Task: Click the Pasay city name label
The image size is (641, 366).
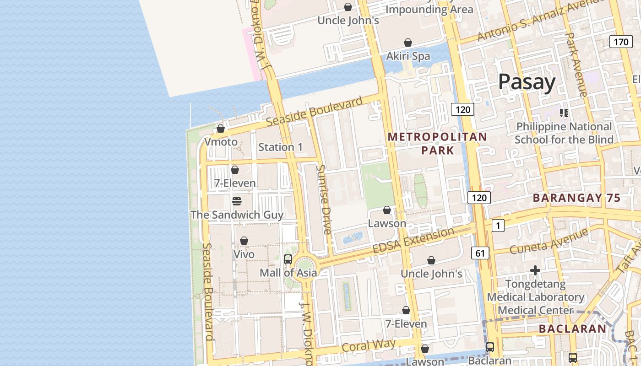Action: [x=527, y=82]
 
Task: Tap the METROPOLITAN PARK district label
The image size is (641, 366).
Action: [x=437, y=143]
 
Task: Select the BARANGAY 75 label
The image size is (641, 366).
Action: [x=576, y=198]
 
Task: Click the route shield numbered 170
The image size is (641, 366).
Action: [x=621, y=42]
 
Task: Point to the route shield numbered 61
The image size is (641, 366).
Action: [x=480, y=253]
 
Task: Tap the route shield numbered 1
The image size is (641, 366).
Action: [x=498, y=225]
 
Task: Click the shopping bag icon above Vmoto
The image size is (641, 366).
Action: [x=221, y=129]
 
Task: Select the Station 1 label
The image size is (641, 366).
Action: [x=280, y=147]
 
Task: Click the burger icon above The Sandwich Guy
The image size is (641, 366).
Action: [x=236, y=201]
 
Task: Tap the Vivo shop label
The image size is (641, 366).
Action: [x=244, y=254]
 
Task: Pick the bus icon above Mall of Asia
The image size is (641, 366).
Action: [x=288, y=259]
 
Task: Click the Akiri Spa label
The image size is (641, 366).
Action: [x=408, y=56]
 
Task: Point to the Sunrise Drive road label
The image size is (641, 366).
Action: [x=323, y=199]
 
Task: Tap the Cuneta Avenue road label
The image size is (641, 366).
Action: [x=549, y=241]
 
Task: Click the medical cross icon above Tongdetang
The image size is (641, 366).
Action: [x=535, y=270]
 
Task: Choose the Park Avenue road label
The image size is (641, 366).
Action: [x=576, y=64]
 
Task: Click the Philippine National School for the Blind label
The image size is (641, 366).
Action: [x=564, y=133]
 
